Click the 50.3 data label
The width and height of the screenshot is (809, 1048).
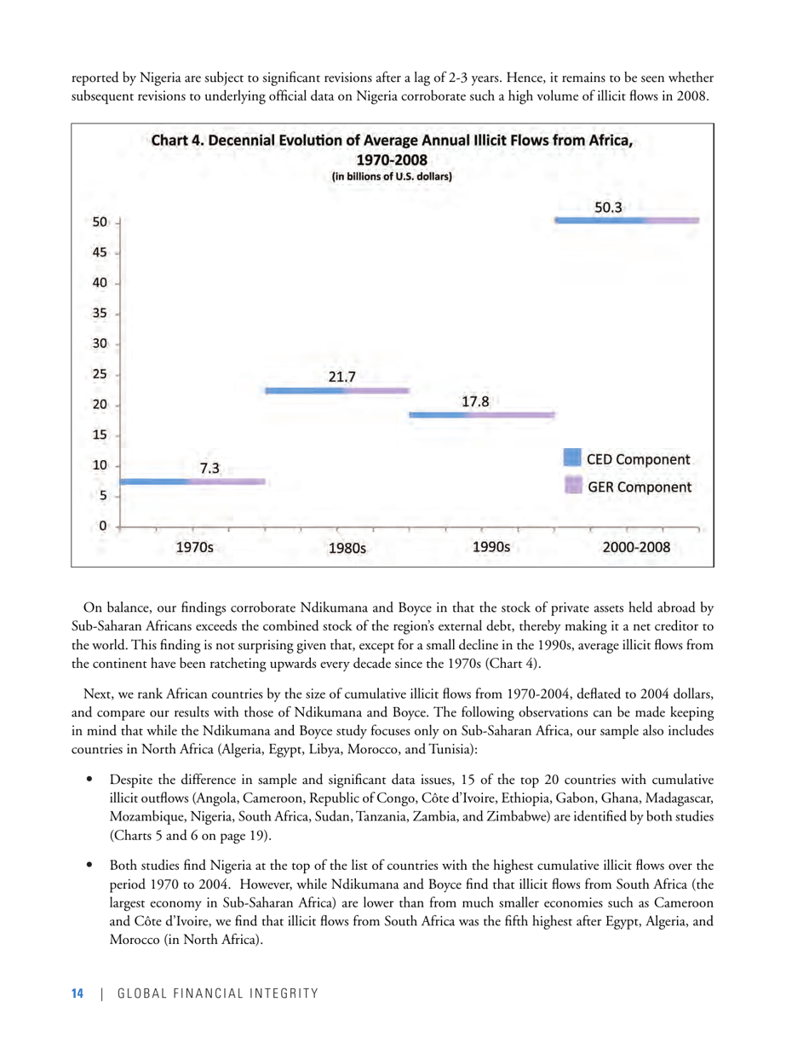[607, 206]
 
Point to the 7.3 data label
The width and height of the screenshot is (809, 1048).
[209, 467]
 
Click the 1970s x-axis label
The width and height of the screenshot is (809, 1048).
[194, 548]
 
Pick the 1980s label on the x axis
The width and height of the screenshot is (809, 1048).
[347, 549]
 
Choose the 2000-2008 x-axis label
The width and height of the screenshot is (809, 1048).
[636, 548]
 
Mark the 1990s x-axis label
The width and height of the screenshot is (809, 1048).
[491, 548]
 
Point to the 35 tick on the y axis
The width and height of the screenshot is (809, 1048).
[100, 313]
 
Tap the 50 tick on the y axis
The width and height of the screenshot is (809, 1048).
[100, 222]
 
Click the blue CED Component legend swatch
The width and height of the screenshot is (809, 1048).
[573, 459]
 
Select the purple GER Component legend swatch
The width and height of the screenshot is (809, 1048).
[573, 487]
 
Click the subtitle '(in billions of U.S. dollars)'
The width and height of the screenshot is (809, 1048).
[392, 177]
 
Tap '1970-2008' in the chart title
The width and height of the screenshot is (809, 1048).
[392, 159]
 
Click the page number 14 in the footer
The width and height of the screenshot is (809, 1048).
[77, 993]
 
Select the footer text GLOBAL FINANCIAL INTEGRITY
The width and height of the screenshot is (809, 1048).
[217, 993]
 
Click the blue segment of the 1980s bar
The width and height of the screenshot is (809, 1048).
[307, 391]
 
